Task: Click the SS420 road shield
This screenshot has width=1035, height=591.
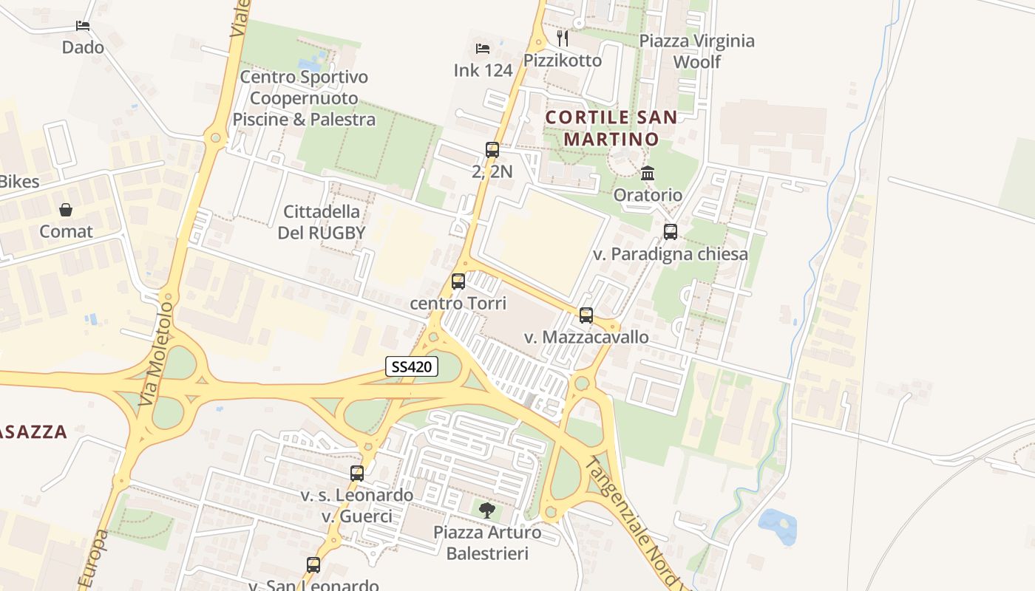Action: point(413,366)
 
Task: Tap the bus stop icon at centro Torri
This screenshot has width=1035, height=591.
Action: point(458,281)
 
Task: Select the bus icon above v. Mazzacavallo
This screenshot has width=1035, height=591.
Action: point(586,315)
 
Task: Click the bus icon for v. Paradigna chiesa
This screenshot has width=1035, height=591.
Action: point(671,232)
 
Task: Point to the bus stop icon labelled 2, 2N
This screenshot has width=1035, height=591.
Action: point(492,150)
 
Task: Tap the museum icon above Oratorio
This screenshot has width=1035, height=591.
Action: point(648,174)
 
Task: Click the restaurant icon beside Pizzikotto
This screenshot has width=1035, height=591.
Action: point(563,38)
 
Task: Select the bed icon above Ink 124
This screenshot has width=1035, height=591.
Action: point(483,49)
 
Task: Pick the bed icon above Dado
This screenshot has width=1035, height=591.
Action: point(83,26)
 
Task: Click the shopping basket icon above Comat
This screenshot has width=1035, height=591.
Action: point(66,210)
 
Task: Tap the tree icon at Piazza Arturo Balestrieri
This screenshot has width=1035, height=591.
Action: point(486,509)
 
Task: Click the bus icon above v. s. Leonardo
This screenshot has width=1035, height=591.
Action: point(357,474)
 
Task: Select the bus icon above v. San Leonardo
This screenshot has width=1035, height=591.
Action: point(313,565)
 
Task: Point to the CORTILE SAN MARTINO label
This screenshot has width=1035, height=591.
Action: point(611,128)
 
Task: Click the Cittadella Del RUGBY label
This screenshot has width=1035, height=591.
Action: point(322,222)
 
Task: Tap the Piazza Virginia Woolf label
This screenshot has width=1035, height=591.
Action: point(696,51)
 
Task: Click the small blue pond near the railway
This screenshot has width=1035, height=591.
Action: point(778,525)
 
